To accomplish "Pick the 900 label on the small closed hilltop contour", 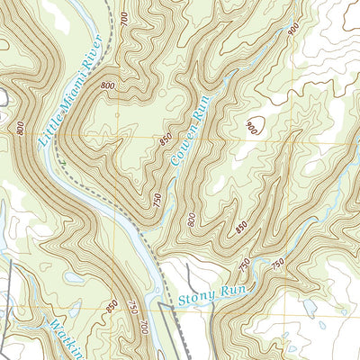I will (251, 129).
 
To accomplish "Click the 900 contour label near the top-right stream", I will (293, 30).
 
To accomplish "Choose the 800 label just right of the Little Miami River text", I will (109, 86).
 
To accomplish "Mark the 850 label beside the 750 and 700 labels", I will (112, 307).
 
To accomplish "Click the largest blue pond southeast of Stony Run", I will (310, 307).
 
